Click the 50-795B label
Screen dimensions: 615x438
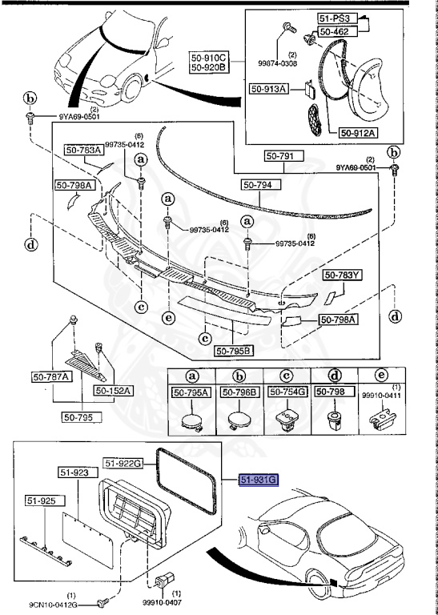coord(234,350)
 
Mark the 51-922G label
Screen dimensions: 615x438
coord(122,463)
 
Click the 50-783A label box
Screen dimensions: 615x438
coord(82,150)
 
